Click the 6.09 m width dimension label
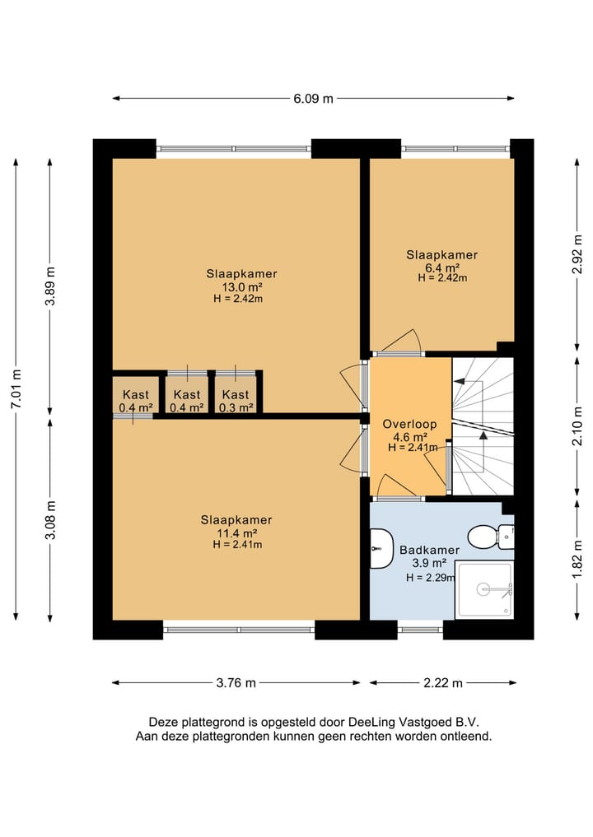tap(313, 98)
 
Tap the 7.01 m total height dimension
tap(16, 389)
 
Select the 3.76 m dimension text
tap(236, 683)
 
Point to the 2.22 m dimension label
tap(443, 683)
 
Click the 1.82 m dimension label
tap(577, 560)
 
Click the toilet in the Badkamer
tap(490, 535)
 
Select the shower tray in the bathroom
tap(484, 589)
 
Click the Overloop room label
tap(410, 425)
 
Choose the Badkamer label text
tap(430, 550)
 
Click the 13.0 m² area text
tap(242, 286)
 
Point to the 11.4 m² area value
tap(236, 532)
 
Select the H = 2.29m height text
tap(431, 577)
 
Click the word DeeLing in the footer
tap(371, 723)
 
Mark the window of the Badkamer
tap(420, 630)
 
